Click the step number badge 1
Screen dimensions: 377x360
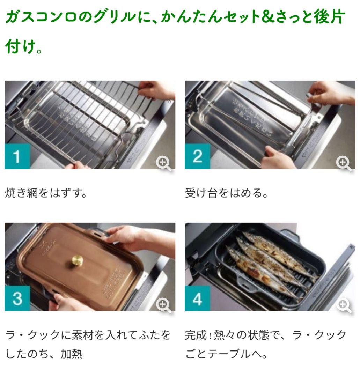(x=17, y=156)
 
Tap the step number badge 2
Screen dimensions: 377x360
(x=197, y=156)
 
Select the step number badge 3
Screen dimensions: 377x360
(x=17, y=298)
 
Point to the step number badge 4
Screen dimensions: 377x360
(x=197, y=298)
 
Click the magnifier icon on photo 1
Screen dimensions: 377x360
(x=163, y=163)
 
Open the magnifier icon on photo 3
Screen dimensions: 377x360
(x=163, y=305)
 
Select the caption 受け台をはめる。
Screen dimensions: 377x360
(x=226, y=193)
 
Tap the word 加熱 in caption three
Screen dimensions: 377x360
(x=71, y=354)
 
